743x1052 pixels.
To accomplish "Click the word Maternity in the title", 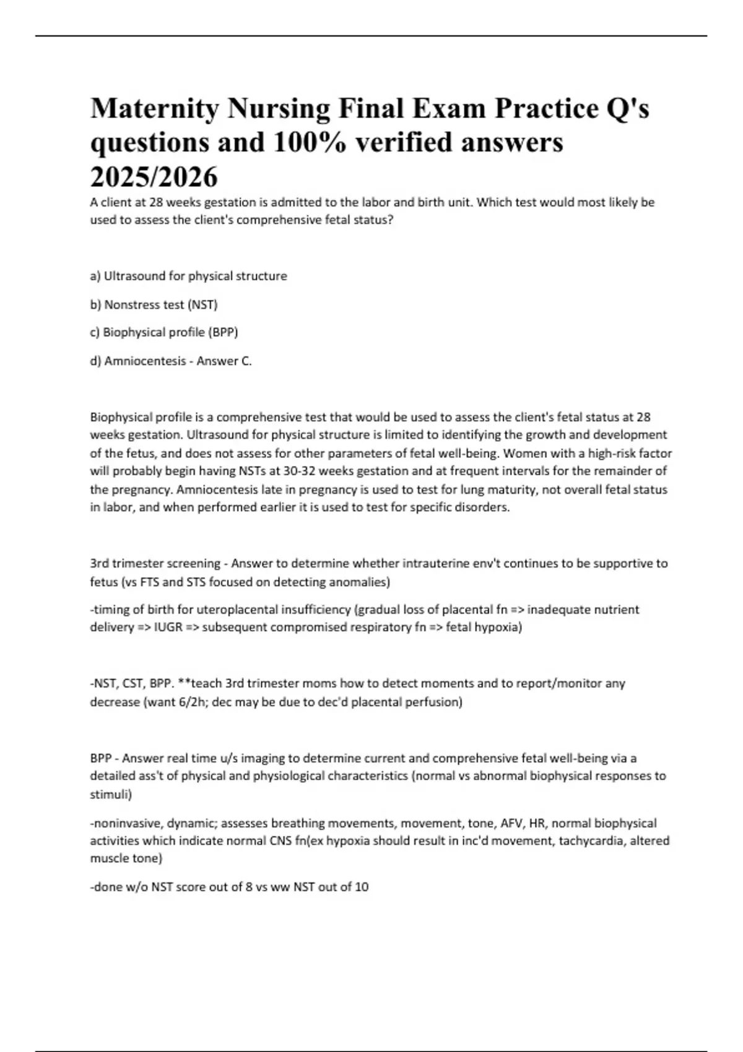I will (x=154, y=109).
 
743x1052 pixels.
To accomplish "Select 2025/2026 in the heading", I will (x=154, y=177).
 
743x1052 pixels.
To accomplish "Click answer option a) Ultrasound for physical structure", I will (x=188, y=276).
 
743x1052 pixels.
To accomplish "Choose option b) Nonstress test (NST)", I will (x=154, y=304).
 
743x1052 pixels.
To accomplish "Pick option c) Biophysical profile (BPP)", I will (x=164, y=332).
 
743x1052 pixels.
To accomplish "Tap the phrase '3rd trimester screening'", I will (x=155, y=564).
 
